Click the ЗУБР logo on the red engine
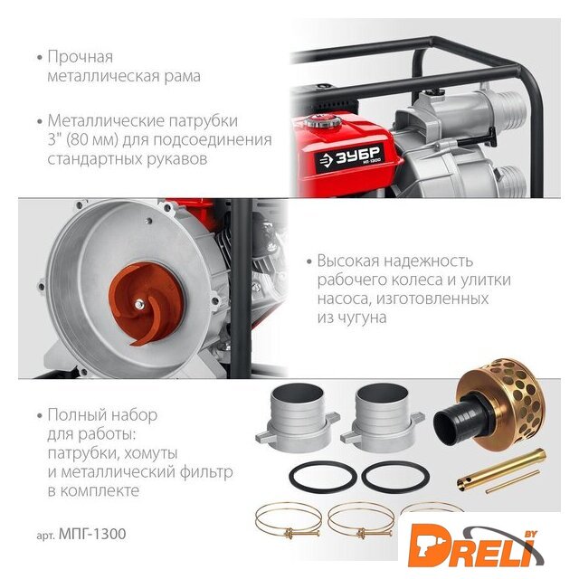pyautogui.click(x=350, y=159)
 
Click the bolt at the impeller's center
pyautogui.click(x=139, y=304)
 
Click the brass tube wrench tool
pyautogui.click(x=501, y=470)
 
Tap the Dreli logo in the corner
pyautogui.click(x=475, y=545)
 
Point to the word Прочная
pyautogui.click(x=81, y=57)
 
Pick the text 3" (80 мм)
pyautogui.click(x=83, y=139)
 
